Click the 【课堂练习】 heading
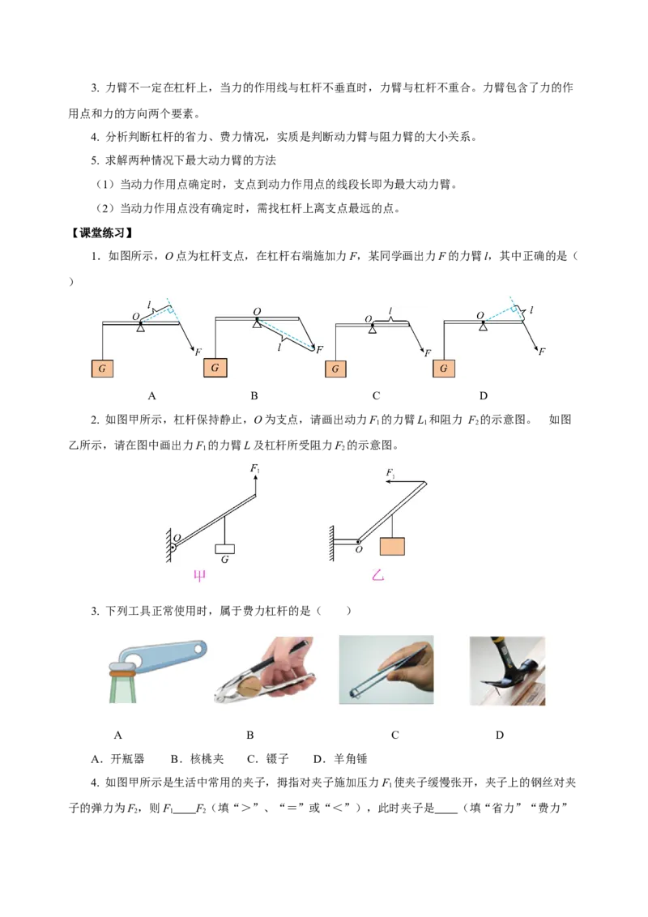point(101,232)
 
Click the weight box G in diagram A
point(102,369)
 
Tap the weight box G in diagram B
point(215,368)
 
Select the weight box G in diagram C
point(335,369)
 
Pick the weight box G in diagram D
point(443,369)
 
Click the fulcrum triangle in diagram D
point(483,326)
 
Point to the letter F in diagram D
point(542,352)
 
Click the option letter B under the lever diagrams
point(254,396)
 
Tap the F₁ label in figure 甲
point(255,468)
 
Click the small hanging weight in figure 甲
point(225,548)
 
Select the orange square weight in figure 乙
point(392,546)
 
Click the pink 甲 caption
point(199,576)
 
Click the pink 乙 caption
point(377,575)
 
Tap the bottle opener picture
point(156,671)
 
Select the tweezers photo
point(386,670)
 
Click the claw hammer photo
point(507,671)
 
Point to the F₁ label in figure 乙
point(390,473)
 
